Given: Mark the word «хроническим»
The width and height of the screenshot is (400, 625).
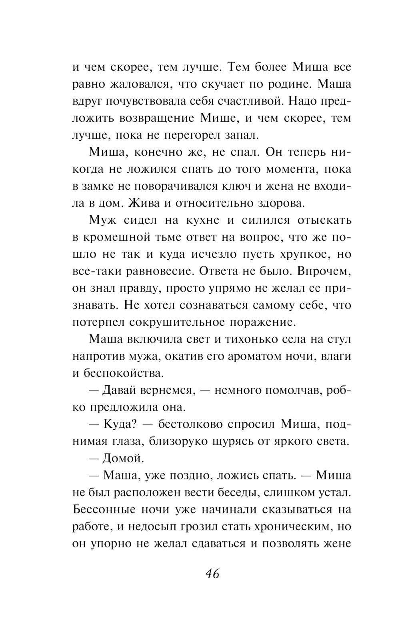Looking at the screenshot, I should tap(291, 526).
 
